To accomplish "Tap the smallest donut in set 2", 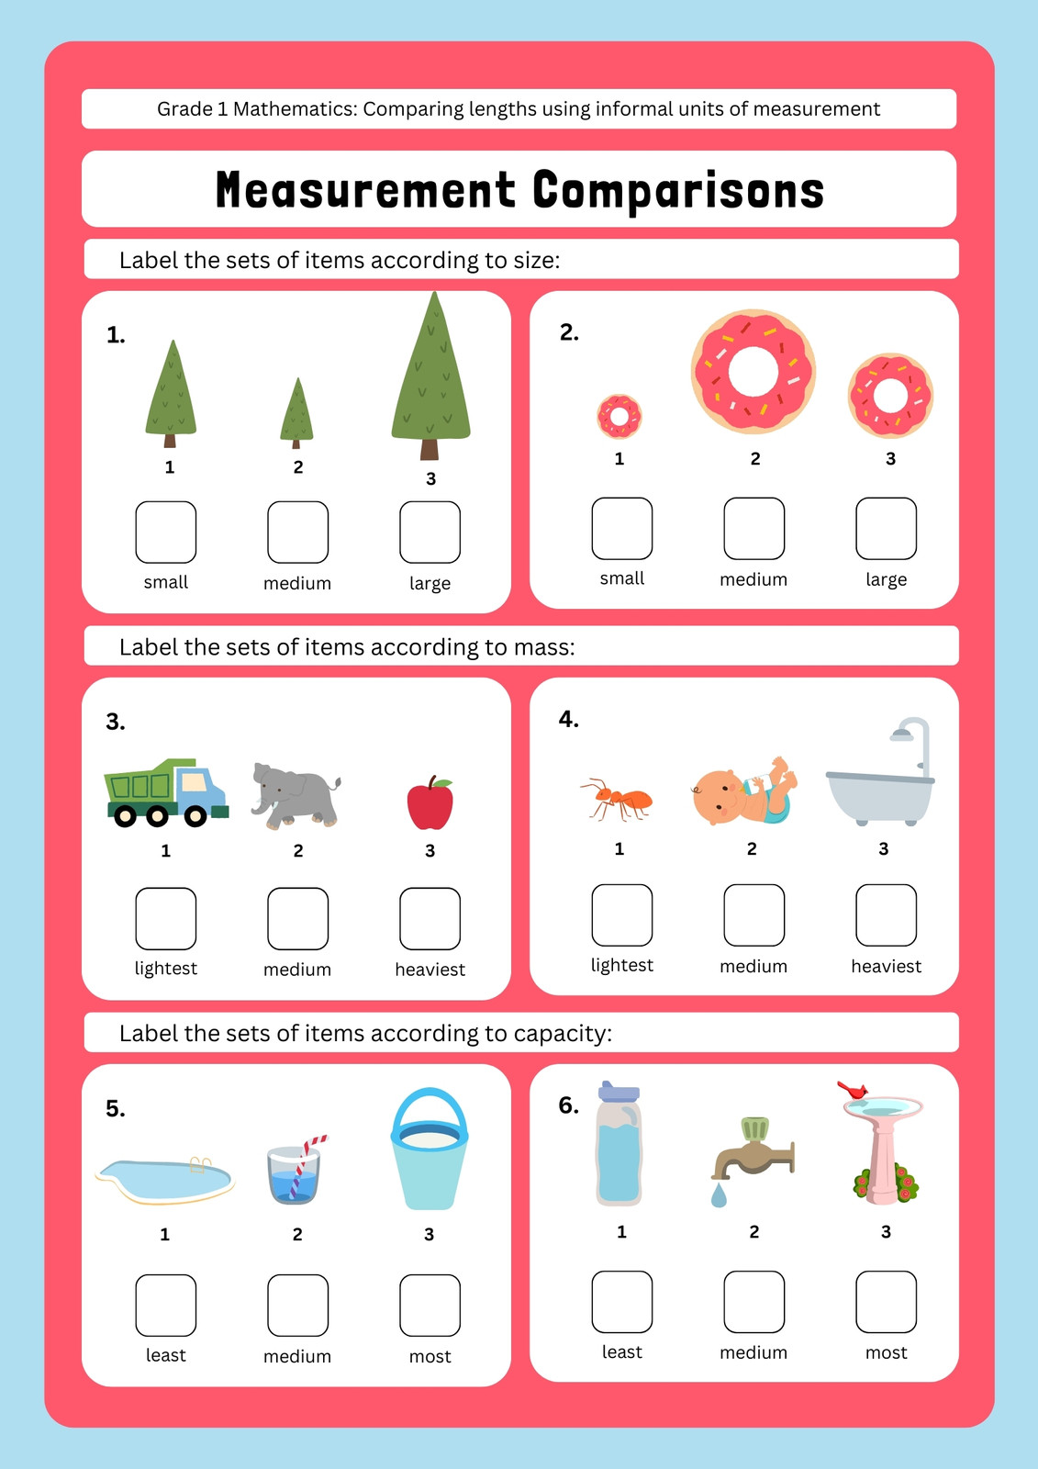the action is point(619,417).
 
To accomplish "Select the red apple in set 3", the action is point(430,802).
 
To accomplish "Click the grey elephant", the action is point(295,795).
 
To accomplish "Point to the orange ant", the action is point(617,800).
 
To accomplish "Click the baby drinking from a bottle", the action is point(744,791).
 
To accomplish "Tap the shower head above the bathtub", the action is point(902,734).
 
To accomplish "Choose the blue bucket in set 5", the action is point(430,1149).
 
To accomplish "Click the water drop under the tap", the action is point(719,1195).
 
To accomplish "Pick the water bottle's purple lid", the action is point(619,1092).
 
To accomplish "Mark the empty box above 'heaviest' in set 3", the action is point(430,918).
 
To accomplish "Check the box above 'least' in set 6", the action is point(621,1302).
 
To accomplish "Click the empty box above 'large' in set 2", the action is point(886,529).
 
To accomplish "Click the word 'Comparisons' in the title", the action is point(678,190).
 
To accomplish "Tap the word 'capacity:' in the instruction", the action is point(563,1034).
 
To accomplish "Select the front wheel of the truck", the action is point(195,815).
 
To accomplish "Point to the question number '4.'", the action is point(568,720).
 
